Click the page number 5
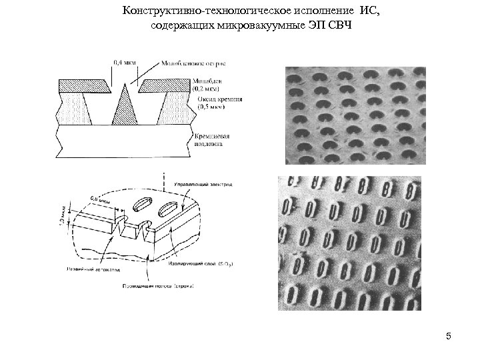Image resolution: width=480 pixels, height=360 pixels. pyautogui.click(x=449, y=335)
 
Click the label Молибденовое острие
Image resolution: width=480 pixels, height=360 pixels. pyautogui.click(x=193, y=63)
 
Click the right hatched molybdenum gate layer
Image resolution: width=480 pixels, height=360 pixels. pyautogui.click(x=163, y=86)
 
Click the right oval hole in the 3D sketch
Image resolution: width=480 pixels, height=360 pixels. pyautogui.click(x=165, y=211)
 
